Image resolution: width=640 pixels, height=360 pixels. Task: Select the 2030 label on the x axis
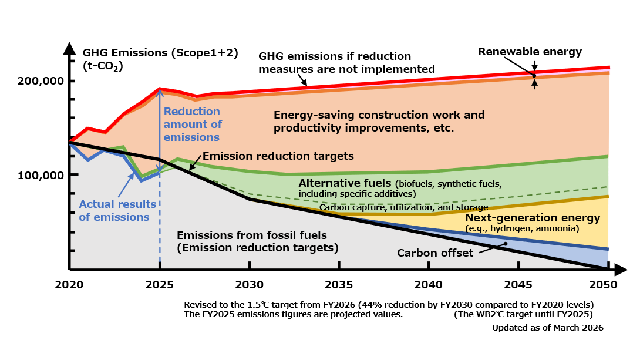(250, 285)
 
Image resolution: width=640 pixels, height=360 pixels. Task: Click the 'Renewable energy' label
(530, 52)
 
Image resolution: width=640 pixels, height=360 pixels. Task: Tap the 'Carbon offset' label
(435, 253)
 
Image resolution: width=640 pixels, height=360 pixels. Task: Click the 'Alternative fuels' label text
(345, 183)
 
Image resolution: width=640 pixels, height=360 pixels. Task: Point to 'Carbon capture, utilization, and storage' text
(403, 207)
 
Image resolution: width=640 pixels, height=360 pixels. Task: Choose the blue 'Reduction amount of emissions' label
(192, 125)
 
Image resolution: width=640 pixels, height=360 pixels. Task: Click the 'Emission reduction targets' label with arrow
(278, 156)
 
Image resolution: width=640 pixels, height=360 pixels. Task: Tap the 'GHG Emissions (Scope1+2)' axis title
(160, 52)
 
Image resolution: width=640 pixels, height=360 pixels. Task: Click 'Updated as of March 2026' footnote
(547, 327)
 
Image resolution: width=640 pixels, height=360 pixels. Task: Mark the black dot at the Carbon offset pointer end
(504, 244)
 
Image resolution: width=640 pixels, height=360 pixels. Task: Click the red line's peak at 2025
(160, 89)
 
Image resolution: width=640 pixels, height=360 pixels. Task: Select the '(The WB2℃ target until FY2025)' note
(524, 314)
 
